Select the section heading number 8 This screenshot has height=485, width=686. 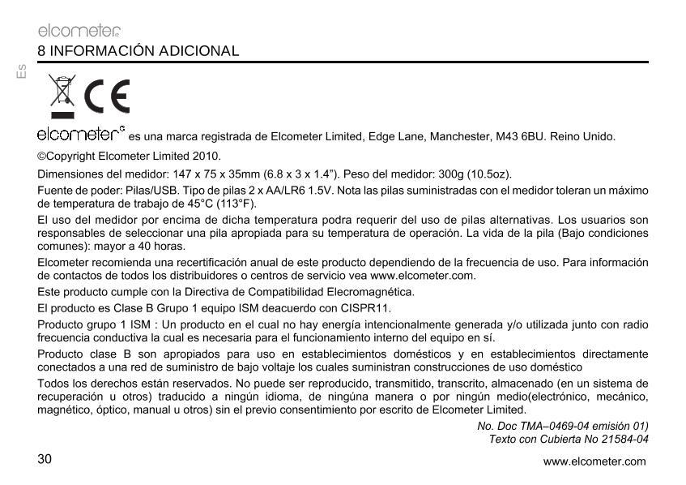click(41, 51)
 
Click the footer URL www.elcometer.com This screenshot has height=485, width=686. click(594, 462)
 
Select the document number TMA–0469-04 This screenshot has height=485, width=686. click(549, 426)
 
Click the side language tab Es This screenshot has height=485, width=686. click(22, 71)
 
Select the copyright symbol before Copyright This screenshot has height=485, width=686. click(41, 156)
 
